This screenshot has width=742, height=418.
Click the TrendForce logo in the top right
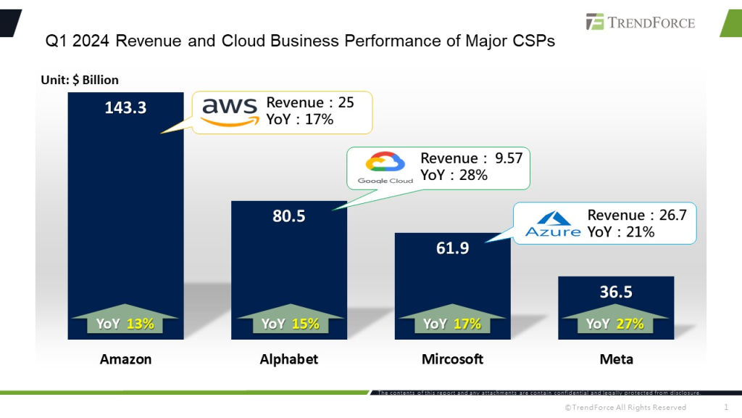(641, 22)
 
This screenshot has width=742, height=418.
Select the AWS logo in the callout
(229, 112)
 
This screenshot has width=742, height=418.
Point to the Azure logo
(553, 223)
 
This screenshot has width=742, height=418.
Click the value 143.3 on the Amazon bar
(125, 107)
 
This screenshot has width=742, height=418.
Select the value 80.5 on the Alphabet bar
(288, 216)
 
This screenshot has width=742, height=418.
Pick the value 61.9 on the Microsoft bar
(452, 248)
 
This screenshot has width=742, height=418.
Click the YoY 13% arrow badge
(125, 321)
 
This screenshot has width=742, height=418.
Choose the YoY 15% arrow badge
(289, 321)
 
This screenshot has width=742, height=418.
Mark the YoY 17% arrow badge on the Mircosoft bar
(452, 321)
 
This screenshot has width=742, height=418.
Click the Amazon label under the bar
(125, 359)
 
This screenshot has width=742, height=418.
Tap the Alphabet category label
(288, 359)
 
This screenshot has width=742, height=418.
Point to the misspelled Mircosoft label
(452, 359)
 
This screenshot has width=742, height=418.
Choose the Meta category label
(616, 359)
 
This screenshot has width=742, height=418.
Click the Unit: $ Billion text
(80, 80)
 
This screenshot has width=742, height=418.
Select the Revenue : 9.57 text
(471, 158)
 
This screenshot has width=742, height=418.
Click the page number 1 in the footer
(726, 407)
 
